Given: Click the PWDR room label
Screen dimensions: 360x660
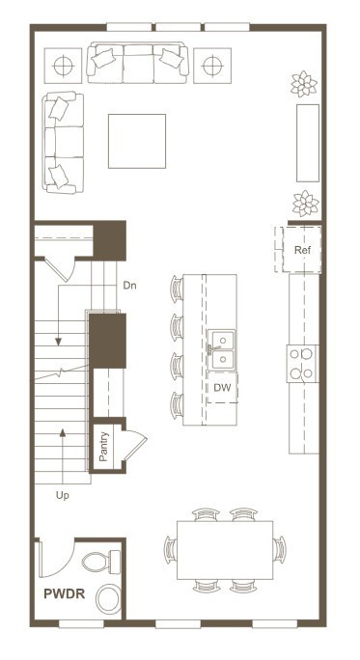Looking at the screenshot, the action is click(65, 594).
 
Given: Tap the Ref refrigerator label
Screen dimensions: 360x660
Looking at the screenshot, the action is click(302, 250).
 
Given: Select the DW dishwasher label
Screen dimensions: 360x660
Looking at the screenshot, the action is click(222, 388).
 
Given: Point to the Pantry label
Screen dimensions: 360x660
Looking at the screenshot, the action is click(103, 447).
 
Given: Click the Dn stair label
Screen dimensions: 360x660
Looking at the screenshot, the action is click(129, 286).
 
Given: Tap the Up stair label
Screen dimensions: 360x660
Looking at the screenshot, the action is click(63, 496).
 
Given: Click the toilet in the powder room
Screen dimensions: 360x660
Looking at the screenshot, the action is click(101, 562).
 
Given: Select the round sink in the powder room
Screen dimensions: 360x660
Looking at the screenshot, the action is click(108, 598).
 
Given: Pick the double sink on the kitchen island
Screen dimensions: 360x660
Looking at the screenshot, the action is click(221, 349).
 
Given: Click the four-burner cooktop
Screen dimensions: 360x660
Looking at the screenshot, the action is click(302, 364).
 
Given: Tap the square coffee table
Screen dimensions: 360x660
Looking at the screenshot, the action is click(137, 141).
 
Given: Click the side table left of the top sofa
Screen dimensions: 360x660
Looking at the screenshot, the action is click(63, 66).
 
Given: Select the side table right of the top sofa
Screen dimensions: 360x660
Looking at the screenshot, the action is click(212, 66).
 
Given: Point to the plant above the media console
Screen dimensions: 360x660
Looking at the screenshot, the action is click(304, 84).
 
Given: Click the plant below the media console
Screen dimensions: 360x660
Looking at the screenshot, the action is click(306, 204).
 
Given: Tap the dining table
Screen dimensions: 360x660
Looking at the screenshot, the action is click(225, 550).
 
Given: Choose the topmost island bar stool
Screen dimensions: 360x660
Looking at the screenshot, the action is click(177, 289).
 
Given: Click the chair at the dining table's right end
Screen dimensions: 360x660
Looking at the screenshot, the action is click(279, 549).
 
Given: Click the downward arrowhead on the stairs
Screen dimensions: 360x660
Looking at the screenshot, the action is click(59, 342).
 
